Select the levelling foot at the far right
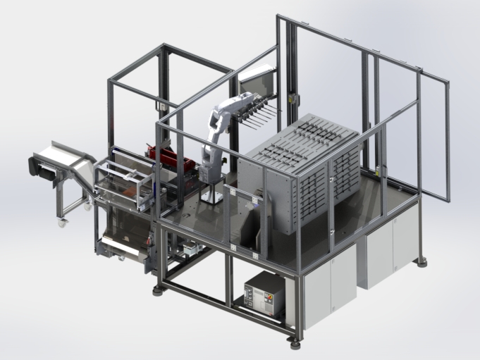click(x=421, y=261)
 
